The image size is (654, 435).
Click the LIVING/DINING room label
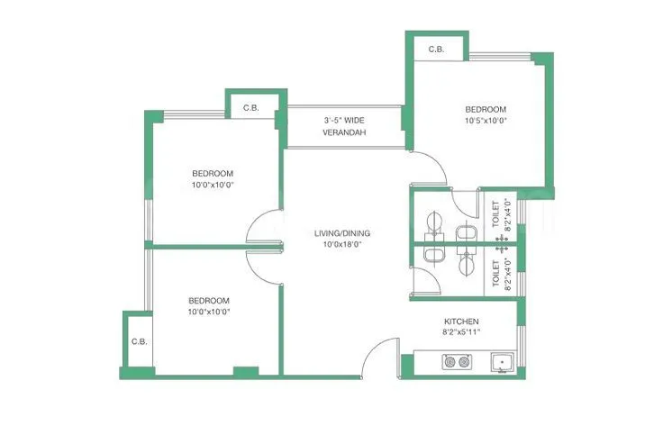[341, 233]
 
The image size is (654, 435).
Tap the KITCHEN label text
[460, 322]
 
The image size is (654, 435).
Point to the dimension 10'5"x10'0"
[486, 120]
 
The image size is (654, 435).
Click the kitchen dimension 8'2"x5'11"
[460, 332]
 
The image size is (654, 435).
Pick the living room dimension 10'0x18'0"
[341, 244]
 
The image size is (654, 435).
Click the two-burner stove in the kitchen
[456, 362]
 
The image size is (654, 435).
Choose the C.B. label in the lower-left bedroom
[139, 341]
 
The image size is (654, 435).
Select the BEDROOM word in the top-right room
[486, 108]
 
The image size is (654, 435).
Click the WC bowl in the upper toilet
[466, 234]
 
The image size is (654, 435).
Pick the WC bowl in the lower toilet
[467, 263]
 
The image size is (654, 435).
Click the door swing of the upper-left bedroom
[264, 230]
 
